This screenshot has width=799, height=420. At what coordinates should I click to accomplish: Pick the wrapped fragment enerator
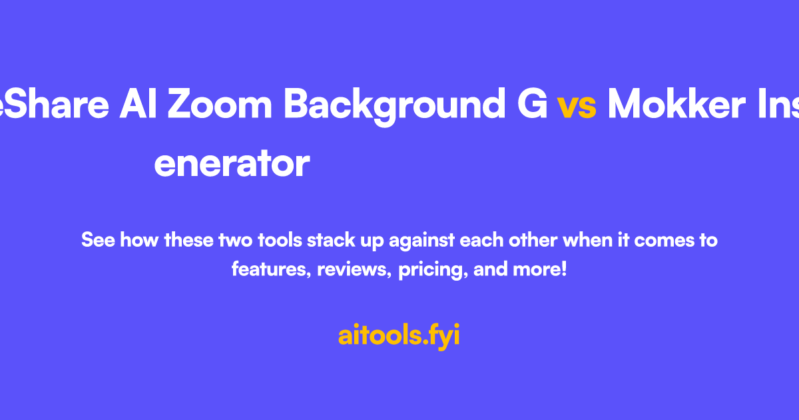click(232, 164)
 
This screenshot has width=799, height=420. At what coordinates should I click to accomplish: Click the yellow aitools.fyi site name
click(399, 336)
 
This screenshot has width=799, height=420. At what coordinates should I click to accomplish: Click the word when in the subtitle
click(586, 240)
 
